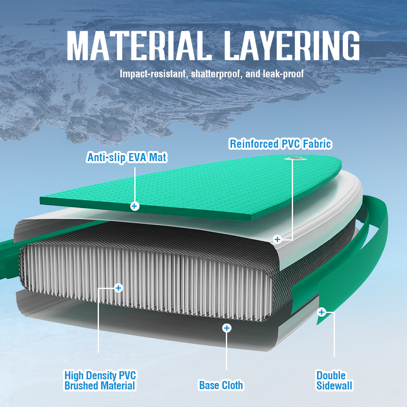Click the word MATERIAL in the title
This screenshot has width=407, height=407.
pyautogui.click(x=139, y=46)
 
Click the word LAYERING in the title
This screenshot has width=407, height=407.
pyautogui.click(x=291, y=46)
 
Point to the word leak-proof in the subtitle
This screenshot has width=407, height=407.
pyautogui.click(x=283, y=74)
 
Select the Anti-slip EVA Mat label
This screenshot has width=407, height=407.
pyautogui.click(x=127, y=157)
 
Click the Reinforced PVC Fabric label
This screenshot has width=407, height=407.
pyautogui.click(x=280, y=144)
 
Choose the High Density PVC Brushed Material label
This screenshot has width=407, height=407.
pyautogui.click(x=100, y=381)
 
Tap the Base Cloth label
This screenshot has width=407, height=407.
pyautogui.click(x=221, y=385)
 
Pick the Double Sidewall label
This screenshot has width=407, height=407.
pyautogui.click(x=334, y=381)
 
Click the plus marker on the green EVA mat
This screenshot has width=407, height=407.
pyautogui.click(x=134, y=206)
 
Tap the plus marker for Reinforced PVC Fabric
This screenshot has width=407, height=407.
pyautogui.click(x=278, y=239)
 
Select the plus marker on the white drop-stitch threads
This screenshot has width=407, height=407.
pyautogui.click(x=118, y=288)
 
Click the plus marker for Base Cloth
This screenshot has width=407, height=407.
pyautogui.click(x=227, y=328)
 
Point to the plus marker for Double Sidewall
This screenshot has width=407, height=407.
pyautogui.click(x=322, y=312)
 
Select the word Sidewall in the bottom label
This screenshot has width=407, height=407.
pyautogui.click(x=334, y=386)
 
